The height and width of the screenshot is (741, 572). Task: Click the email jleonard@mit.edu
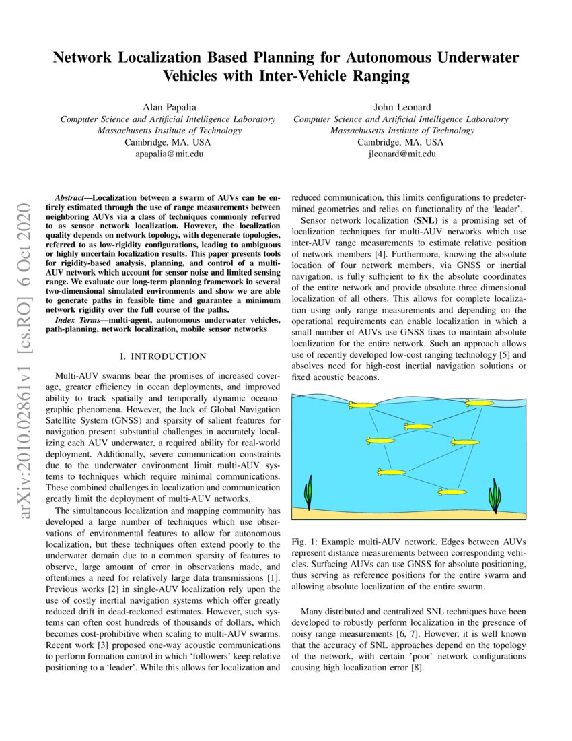401,154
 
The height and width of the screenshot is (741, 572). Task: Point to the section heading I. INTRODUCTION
162,356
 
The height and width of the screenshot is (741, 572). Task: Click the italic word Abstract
72,200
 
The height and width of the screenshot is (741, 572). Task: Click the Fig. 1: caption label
306,542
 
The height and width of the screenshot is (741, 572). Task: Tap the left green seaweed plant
309,492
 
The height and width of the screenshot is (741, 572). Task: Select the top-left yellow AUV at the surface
362,406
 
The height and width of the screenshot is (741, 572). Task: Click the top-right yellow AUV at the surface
478,403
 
